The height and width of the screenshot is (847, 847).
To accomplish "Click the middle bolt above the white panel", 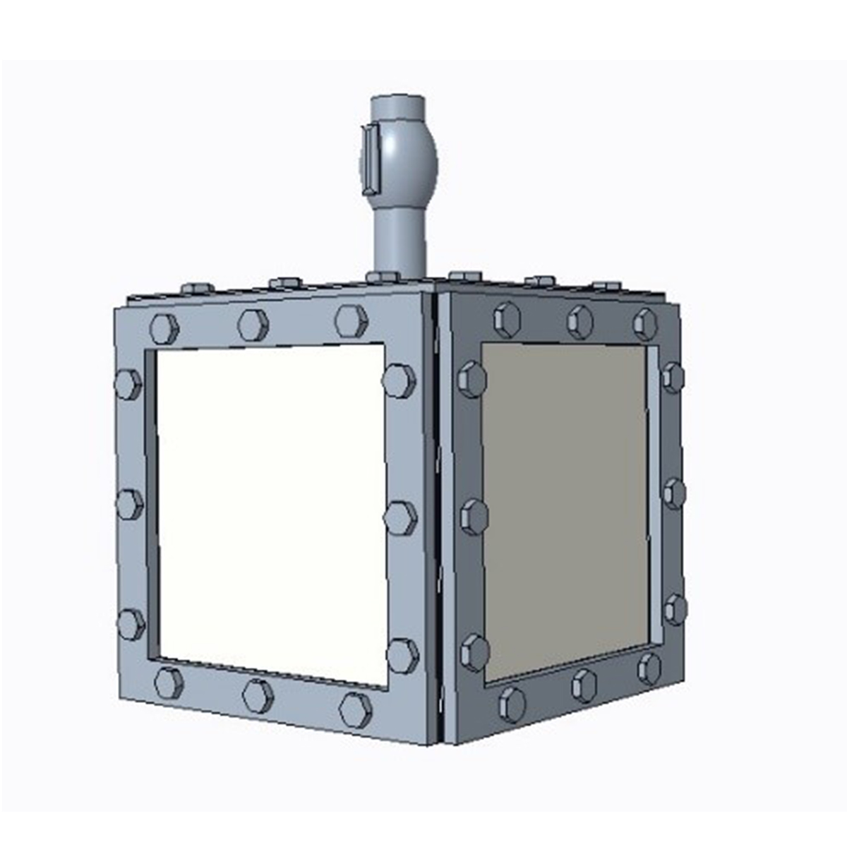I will [253, 325].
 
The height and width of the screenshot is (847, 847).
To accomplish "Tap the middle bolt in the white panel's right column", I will [400, 518].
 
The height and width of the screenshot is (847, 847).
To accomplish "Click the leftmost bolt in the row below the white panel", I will [169, 683].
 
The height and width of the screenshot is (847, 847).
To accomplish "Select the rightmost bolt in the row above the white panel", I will [351, 320].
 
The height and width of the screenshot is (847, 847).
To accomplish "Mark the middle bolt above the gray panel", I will [579, 321].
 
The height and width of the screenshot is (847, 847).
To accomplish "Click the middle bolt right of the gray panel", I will [674, 493].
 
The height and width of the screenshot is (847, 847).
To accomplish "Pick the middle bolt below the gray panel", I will [584, 685].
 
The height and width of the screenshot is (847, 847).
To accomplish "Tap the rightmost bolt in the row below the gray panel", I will [649, 668].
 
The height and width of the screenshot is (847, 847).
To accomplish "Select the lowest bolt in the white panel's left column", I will [131, 624].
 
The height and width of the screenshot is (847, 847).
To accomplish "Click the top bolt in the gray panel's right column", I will [673, 377].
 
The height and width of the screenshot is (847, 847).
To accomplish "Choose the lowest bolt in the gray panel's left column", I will [474, 652].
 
